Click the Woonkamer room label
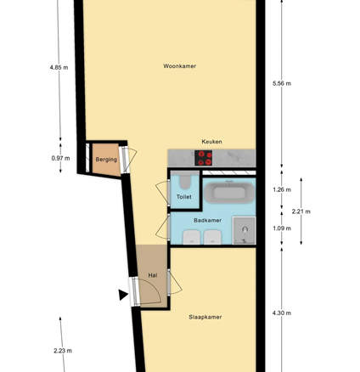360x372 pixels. click(180, 66)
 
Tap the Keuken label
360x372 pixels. click(211, 142)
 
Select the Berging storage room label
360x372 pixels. click(106, 160)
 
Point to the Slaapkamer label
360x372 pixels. click(205, 317)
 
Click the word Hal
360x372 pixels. click(153, 275)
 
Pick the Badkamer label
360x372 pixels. click(207, 220)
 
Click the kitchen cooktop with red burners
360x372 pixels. click(203, 158)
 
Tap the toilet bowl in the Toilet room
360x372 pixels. click(185, 181)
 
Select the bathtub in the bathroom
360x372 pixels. click(229, 193)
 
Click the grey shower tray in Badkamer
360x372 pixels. click(245, 230)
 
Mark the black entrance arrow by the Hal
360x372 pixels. click(123, 295)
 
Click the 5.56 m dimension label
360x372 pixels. click(282, 83)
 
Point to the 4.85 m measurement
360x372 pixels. click(59, 68)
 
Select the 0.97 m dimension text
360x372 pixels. click(60, 158)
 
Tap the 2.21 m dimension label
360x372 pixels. click(301, 211)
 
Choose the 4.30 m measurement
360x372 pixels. click(282, 313)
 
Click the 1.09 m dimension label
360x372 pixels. click(282, 228)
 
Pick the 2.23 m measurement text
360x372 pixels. click(63, 351)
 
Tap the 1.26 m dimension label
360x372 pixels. click(282, 189)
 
